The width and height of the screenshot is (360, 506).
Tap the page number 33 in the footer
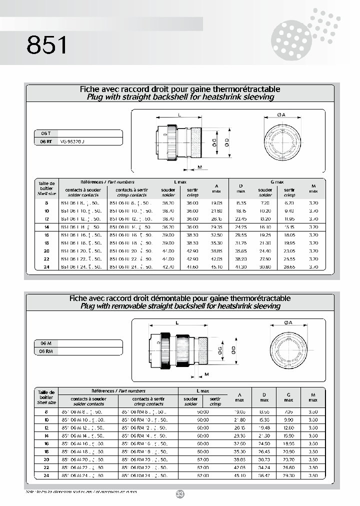point(180,494)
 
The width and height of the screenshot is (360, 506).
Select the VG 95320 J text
point(72,141)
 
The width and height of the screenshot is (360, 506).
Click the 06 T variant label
point(45,133)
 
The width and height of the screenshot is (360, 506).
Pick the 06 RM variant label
point(46,351)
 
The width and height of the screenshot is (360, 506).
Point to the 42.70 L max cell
point(168,267)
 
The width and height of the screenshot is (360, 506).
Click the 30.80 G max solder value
point(265,267)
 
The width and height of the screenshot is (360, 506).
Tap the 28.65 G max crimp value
point(289,267)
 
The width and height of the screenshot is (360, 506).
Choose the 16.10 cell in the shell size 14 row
point(265,227)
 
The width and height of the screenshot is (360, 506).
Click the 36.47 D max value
point(264,476)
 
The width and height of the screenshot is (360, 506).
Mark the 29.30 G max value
point(288,476)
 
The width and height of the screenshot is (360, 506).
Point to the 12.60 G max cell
point(288,428)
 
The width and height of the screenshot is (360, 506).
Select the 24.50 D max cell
point(264,443)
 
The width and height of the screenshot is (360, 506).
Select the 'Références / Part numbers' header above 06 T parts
point(107,182)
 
